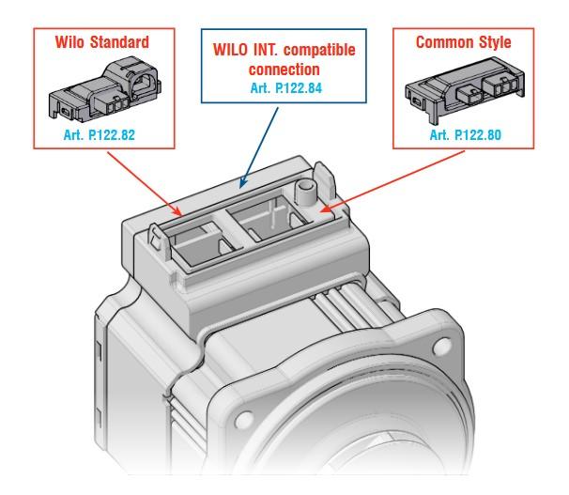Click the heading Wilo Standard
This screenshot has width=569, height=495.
point(102,42)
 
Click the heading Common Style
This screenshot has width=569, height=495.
point(464,42)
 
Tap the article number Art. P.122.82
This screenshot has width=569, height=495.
point(100,135)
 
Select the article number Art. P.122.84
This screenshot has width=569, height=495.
point(286,88)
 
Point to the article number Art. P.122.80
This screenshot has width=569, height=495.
point(465,135)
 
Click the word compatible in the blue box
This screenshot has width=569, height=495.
point(319,50)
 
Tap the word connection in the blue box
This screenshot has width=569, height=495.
point(284,70)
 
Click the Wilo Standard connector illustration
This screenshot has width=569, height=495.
point(105,89)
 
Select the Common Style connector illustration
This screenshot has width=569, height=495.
point(465,89)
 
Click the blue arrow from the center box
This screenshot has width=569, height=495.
point(259,147)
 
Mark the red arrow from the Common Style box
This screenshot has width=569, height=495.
point(392,181)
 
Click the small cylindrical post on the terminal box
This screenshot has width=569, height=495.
point(305,193)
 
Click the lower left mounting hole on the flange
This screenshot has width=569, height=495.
point(244,420)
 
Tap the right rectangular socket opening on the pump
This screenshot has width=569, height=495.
point(270,218)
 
